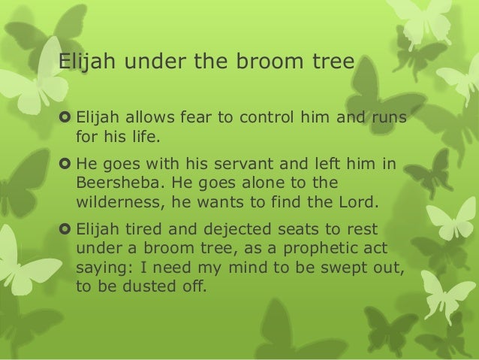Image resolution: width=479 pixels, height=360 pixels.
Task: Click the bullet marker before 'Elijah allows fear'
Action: (x=65, y=117)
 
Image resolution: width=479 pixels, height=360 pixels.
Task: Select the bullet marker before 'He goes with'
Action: (x=65, y=165)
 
